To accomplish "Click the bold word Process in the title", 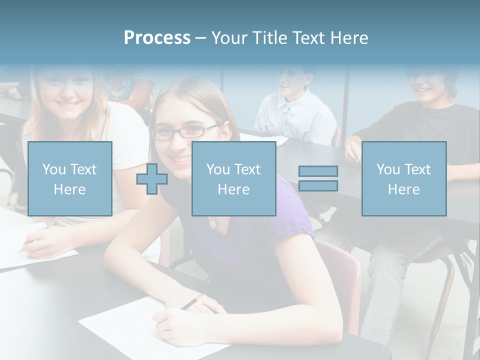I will [x=157, y=38].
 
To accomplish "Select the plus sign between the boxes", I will [x=152, y=179].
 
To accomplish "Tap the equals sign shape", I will [x=318, y=178].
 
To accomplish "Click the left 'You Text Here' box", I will [x=70, y=179].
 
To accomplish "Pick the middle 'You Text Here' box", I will [x=233, y=179].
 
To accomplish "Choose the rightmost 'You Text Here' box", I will [x=403, y=179].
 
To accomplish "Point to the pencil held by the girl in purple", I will [x=192, y=301].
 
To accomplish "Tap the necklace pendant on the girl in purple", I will [x=212, y=222].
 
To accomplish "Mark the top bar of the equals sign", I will [x=318, y=171].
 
